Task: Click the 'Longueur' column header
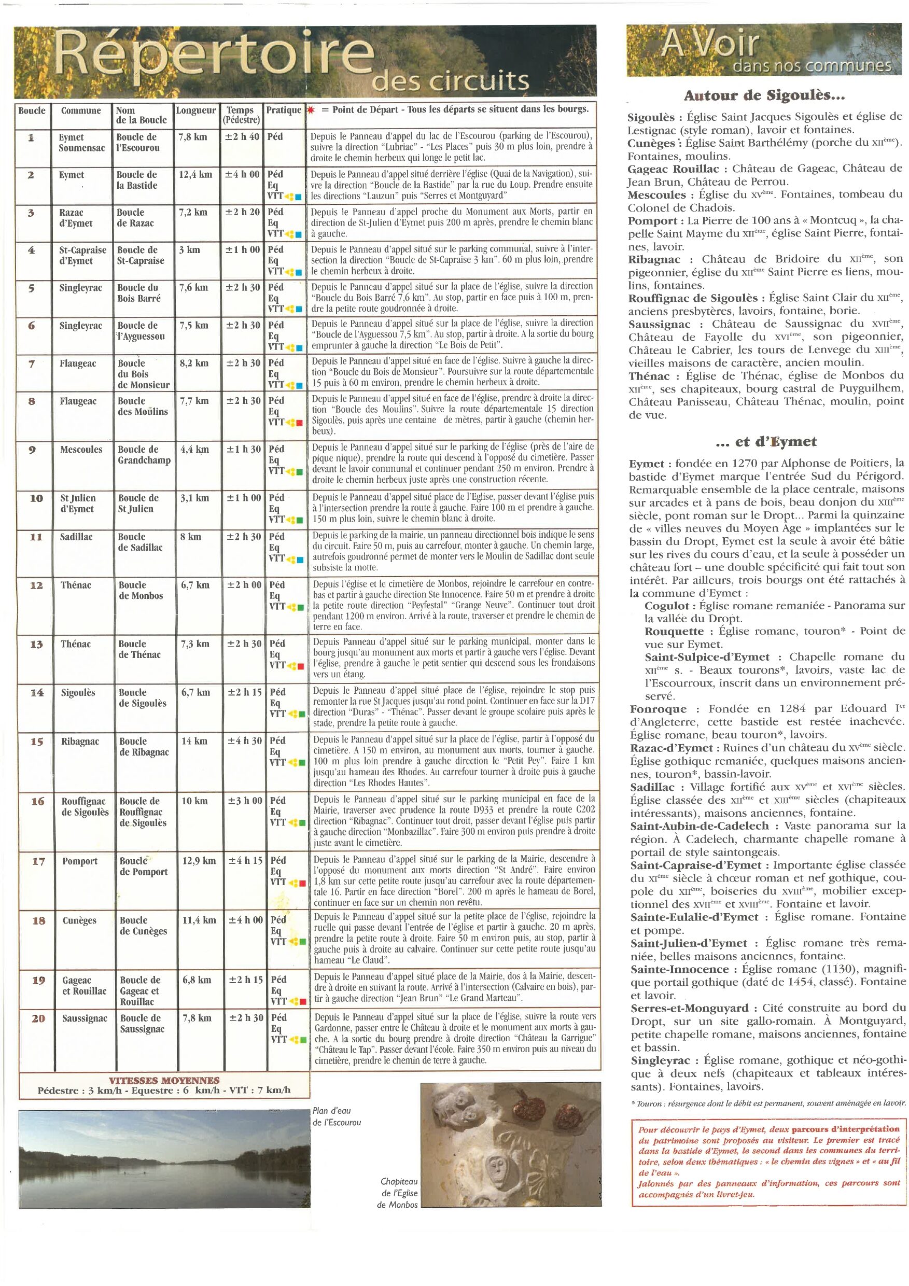pos(195,110)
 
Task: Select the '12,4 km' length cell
pos(195,174)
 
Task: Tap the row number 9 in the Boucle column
pos(33,449)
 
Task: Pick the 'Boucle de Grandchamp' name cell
pos(144,455)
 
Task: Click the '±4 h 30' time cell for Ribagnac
pos(245,741)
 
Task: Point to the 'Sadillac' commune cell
pos(76,537)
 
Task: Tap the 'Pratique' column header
pos(284,110)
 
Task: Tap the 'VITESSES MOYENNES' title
pos(164,1081)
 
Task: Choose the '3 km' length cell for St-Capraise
pos(189,250)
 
